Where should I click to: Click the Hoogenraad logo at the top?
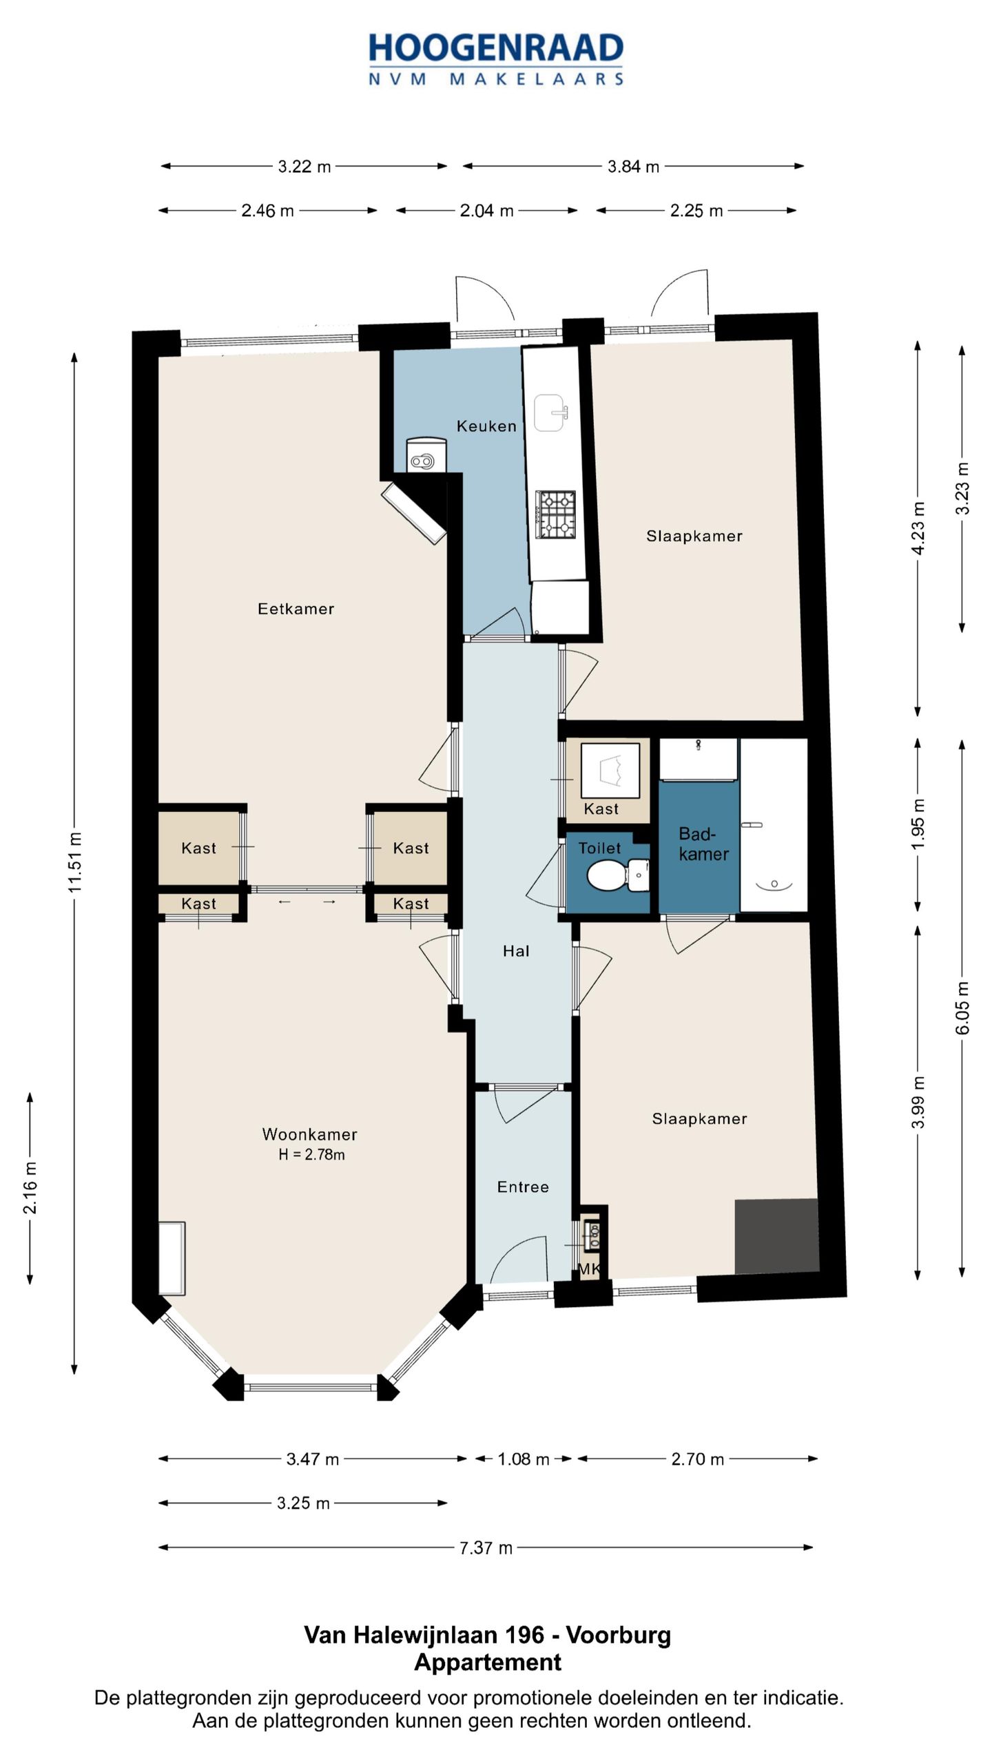point(496,59)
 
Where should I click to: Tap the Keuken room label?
point(486,426)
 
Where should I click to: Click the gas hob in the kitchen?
point(556,514)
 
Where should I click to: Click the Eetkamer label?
point(296,609)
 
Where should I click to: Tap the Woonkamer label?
point(310,1134)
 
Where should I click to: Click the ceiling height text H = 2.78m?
point(311,1155)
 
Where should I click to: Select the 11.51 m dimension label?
point(74,862)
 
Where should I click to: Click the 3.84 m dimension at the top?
point(633,167)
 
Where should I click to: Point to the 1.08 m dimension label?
point(524,1459)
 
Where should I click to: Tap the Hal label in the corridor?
point(516,951)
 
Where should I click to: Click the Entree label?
point(523,1187)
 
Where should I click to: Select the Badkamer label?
point(703,844)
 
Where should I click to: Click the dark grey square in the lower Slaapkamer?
point(777,1237)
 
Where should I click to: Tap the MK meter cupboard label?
point(589,1269)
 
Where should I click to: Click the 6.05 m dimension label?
point(962,1008)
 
